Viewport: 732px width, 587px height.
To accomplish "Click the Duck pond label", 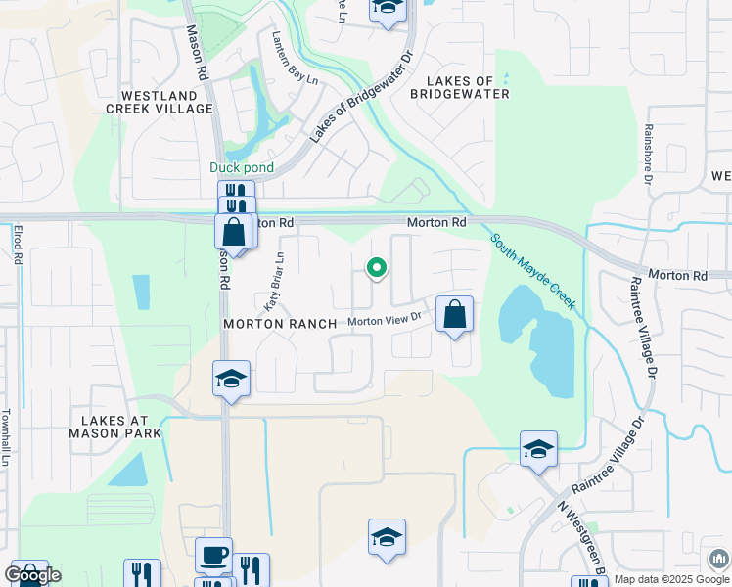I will pos(242,167).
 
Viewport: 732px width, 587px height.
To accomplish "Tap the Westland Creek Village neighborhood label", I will pos(166,102).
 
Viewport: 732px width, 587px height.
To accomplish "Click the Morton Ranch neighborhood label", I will pos(280,323).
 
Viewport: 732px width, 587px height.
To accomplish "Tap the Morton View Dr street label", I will pos(384,319).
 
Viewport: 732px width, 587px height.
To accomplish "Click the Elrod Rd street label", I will pos(18,245).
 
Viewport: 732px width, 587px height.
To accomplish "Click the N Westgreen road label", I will pos(578,538).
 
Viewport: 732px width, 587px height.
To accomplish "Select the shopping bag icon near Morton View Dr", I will pos(454,315).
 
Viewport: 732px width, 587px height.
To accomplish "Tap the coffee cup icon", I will pos(214,555).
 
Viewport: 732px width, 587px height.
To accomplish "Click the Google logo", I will pos(31,575).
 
